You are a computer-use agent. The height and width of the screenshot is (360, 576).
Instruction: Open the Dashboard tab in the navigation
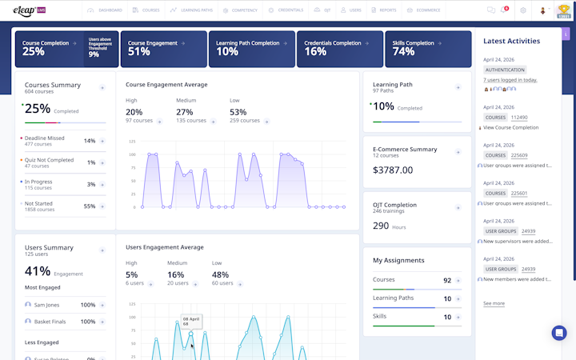click(107, 10)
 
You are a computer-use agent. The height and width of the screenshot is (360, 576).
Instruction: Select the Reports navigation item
click(386, 10)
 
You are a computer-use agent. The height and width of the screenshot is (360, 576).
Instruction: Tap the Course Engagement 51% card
click(163, 49)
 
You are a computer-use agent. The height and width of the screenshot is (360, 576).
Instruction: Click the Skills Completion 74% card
click(427, 49)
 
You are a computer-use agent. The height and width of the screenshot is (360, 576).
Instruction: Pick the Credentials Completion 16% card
click(339, 49)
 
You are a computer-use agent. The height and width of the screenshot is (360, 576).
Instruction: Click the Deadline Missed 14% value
click(90, 141)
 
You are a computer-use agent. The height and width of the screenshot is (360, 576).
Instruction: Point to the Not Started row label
click(38, 203)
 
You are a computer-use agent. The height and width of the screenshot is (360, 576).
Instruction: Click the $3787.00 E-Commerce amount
click(394, 170)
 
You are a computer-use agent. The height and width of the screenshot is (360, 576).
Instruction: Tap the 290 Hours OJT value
click(390, 226)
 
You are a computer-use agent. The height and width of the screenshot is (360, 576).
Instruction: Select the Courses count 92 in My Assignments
click(447, 281)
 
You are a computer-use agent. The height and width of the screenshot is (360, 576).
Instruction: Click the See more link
click(494, 304)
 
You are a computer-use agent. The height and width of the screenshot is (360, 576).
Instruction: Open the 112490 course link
click(519, 118)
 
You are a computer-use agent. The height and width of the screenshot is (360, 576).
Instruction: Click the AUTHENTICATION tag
click(506, 70)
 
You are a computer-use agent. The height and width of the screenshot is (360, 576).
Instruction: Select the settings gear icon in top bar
click(523, 10)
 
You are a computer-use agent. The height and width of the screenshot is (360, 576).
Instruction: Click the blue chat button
click(559, 333)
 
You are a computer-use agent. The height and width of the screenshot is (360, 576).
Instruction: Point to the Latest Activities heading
click(511, 41)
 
